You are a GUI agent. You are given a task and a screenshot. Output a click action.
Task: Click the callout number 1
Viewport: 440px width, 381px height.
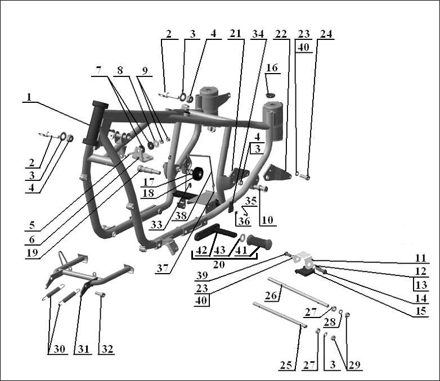coord(29,97)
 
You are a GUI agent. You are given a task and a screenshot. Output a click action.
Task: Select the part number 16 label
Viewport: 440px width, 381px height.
coord(272,68)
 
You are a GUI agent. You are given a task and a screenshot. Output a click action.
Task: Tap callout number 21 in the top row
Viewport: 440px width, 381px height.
coord(235,34)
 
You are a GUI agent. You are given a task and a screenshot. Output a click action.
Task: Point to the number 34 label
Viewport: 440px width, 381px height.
coord(258,34)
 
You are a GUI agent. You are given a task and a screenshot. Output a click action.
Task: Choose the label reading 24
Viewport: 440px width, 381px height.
coord(326,34)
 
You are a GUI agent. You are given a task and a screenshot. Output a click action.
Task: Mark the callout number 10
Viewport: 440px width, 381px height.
coord(268,221)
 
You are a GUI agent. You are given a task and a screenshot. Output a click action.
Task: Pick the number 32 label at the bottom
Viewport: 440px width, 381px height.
coord(106,349)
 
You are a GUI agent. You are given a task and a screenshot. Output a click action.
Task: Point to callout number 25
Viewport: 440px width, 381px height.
coord(286,365)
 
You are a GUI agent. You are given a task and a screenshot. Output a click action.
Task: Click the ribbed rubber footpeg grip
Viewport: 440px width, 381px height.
coord(259,242)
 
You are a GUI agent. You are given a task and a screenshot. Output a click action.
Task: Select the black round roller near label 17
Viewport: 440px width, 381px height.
coord(197,175)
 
